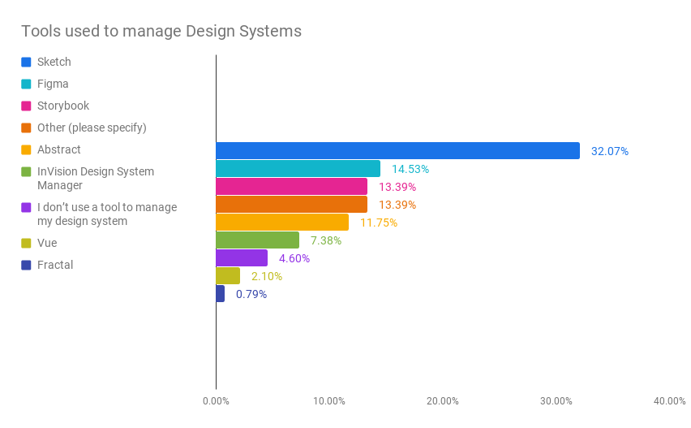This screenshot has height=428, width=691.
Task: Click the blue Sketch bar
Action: tap(397, 151)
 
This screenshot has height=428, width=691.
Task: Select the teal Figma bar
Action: tap(298, 169)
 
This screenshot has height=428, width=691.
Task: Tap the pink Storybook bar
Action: tap(291, 187)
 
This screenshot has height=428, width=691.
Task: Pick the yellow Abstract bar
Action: tap(282, 223)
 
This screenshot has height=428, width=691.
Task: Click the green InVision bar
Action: tap(257, 240)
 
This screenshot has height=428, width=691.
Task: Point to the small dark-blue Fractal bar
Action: tap(220, 294)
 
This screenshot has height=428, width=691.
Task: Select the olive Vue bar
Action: tap(228, 276)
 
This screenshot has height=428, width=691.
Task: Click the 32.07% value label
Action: tap(609, 151)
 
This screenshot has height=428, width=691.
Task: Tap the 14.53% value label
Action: tap(410, 169)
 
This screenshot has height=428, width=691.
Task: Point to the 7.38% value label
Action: tap(326, 240)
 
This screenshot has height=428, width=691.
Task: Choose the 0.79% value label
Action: tap(251, 294)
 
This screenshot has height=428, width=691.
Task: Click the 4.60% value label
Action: tap(294, 258)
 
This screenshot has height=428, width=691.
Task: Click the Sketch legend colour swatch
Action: tap(26, 62)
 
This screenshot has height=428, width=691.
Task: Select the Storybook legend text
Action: tap(63, 106)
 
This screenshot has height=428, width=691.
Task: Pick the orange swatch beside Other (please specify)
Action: tap(26, 128)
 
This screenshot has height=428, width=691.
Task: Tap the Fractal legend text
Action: tap(55, 265)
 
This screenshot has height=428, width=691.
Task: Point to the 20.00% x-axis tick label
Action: tap(443, 401)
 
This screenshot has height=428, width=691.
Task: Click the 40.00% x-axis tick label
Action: tap(670, 401)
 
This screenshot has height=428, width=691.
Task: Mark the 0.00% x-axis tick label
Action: tap(216, 401)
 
